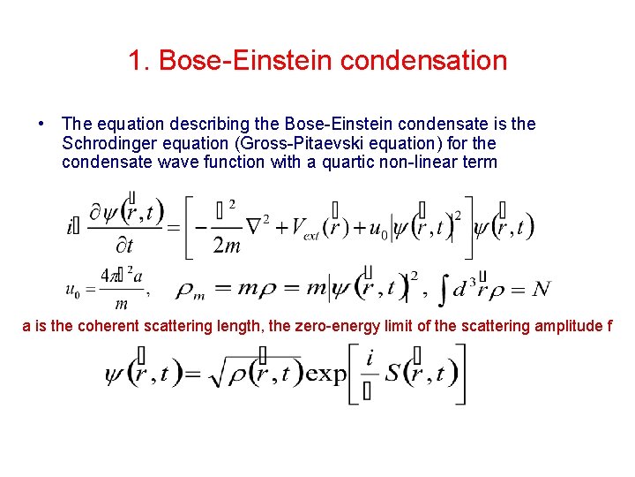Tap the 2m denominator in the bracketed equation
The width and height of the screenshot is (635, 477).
(226, 245)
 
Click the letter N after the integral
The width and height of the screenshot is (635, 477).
(541, 288)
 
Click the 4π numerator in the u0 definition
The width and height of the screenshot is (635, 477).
(109, 274)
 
